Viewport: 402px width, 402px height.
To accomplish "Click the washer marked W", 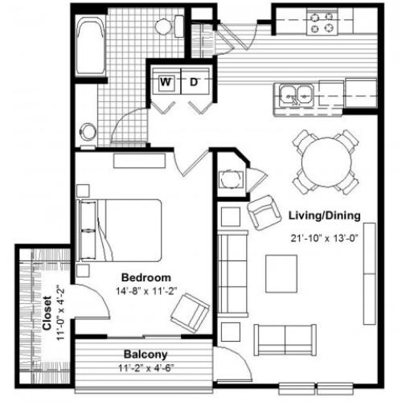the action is pos(166,81).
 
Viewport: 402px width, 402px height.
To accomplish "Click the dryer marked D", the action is pos(195,81).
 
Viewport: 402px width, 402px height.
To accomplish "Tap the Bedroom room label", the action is pos(146,277).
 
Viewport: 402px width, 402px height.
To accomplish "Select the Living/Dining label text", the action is pos(324,215).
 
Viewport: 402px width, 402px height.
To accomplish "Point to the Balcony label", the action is pos(146,355).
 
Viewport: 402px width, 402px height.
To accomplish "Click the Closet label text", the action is pos(47,313).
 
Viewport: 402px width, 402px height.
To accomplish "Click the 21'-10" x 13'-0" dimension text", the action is pos(325,238).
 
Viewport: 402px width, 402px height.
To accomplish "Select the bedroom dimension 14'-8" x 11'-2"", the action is pos(146,291).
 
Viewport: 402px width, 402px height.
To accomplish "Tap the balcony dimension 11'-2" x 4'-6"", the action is pos(146,368).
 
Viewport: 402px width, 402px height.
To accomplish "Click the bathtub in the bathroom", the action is pos(90,46).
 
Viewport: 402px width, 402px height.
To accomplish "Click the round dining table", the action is pos(326,162).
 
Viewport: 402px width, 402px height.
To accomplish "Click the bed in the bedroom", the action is pos(119,230).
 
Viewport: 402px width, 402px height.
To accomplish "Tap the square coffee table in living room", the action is pos(281,274).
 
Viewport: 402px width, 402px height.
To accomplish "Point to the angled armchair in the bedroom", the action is pos(190,313).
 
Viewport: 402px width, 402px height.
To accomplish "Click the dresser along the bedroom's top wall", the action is pos(139,161).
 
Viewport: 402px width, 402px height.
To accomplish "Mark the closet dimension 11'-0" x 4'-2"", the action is pos(60,313).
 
